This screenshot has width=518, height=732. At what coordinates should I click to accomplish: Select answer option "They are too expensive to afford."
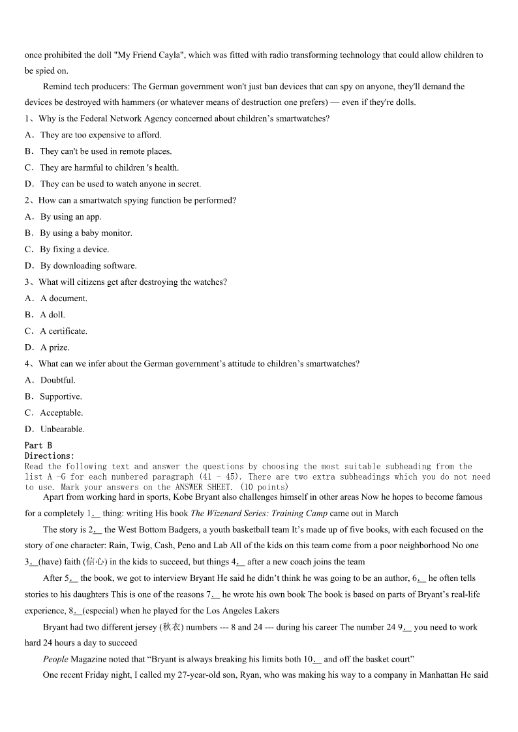click(100, 135)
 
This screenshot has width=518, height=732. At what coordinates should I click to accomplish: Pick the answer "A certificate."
click(63, 331)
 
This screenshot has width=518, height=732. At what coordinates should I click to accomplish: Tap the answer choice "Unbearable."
click(62, 429)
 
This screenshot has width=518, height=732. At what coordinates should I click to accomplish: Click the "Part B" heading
click(38, 445)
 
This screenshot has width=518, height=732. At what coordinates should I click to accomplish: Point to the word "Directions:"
click(50, 456)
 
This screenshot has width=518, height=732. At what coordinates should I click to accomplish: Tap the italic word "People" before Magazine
click(55, 659)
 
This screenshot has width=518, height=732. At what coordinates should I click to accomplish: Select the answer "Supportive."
click(61, 396)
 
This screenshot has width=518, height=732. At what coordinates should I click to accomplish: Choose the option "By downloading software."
click(88, 266)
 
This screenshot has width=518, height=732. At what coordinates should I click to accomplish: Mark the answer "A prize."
click(55, 347)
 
